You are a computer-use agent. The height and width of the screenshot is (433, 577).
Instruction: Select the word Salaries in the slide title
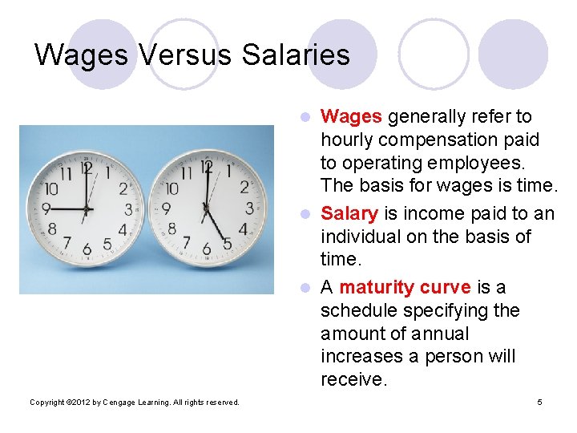click(x=296, y=55)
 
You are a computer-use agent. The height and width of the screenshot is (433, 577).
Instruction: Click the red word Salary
click(x=349, y=213)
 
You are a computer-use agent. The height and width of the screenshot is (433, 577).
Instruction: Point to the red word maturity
click(x=379, y=287)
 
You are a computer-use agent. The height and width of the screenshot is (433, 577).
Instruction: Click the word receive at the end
click(x=353, y=378)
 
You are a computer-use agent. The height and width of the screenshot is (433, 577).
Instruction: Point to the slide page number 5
click(x=539, y=402)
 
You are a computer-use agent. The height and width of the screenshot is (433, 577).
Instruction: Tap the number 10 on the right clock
click(x=171, y=189)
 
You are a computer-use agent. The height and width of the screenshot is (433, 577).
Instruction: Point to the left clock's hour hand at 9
click(x=67, y=208)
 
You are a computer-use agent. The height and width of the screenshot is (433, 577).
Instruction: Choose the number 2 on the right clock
click(x=243, y=188)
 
